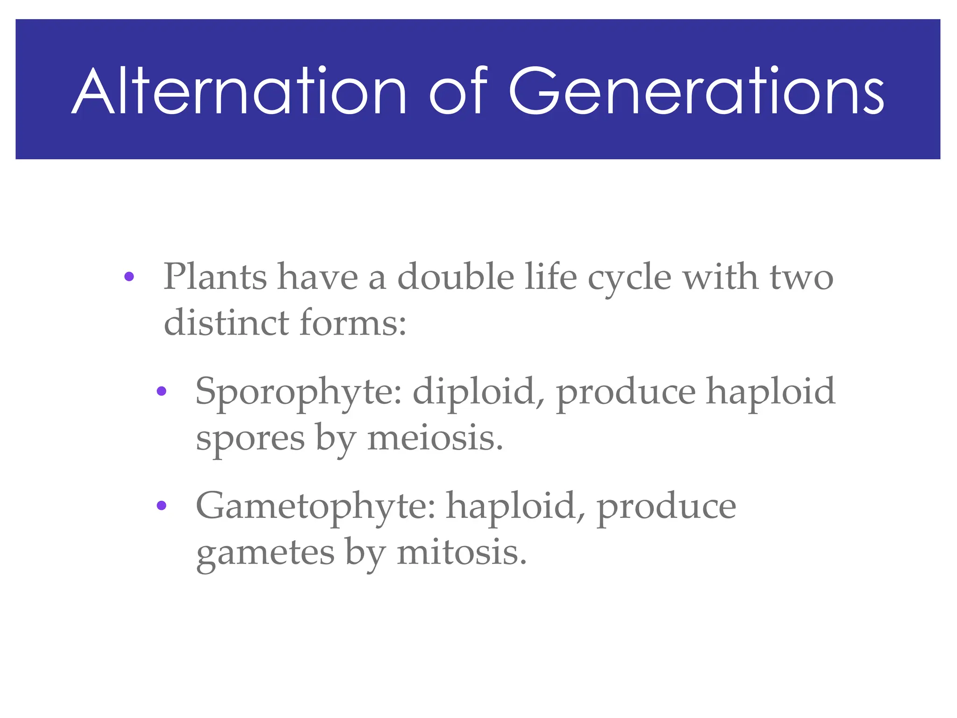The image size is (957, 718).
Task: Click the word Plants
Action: click(x=215, y=277)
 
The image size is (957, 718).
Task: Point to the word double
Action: click(x=456, y=277)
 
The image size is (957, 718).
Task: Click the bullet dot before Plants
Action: click(x=129, y=277)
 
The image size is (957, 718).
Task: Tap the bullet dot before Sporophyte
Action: click(x=161, y=391)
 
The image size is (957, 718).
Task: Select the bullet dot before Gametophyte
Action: click(x=161, y=505)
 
